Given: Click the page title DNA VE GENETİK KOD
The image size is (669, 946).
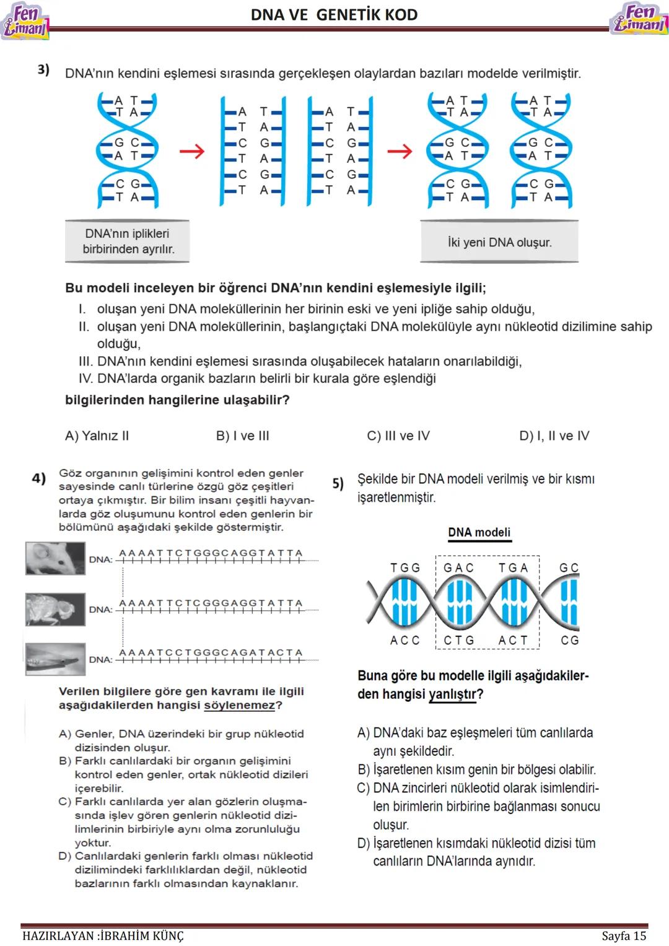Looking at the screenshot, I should [x=334, y=15].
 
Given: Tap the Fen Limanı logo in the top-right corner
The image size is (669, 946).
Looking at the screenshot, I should [x=639, y=19].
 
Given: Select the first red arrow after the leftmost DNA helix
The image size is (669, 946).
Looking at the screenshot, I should [x=191, y=151].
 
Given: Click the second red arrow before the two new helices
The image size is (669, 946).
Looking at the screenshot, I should [x=399, y=151].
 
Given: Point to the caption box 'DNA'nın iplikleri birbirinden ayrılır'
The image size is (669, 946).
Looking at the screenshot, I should [x=128, y=242].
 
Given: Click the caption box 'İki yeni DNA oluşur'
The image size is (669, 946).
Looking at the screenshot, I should [x=499, y=242].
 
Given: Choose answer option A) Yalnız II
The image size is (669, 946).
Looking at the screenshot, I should [x=97, y=436].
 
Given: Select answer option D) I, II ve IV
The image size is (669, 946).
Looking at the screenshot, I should [x=554, y=436].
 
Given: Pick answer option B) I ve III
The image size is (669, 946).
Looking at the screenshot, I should [x=242, y=436].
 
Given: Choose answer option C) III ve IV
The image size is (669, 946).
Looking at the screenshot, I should [x=398, y=436].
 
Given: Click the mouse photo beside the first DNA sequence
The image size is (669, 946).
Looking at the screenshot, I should [x=55, y=558].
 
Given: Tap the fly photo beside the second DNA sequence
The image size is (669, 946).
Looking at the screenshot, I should [x=55, y=609].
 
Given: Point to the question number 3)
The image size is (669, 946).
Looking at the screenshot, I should [x=43, y=70].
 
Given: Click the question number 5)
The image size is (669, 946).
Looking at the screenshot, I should [x=338, y=483].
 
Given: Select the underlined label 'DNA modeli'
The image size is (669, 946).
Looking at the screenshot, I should [x=479, y=532].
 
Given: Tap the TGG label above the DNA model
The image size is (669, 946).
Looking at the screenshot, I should [x=405, y=567].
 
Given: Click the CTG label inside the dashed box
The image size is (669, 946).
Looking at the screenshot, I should [x=459, y=640].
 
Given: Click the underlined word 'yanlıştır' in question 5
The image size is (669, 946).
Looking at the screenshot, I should [x=452, y=694].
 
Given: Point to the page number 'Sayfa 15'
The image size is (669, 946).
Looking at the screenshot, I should [x=624, y=935].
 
